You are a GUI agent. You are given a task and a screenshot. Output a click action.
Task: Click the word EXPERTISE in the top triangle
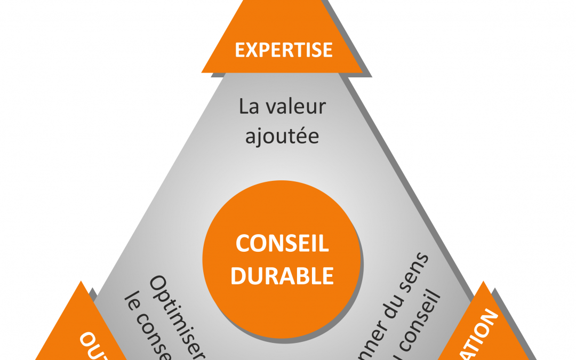click(x=283, y=50)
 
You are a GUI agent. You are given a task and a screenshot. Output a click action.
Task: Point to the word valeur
click(x=295, y=107)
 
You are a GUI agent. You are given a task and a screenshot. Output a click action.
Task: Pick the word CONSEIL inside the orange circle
click(x=282, y=244)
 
